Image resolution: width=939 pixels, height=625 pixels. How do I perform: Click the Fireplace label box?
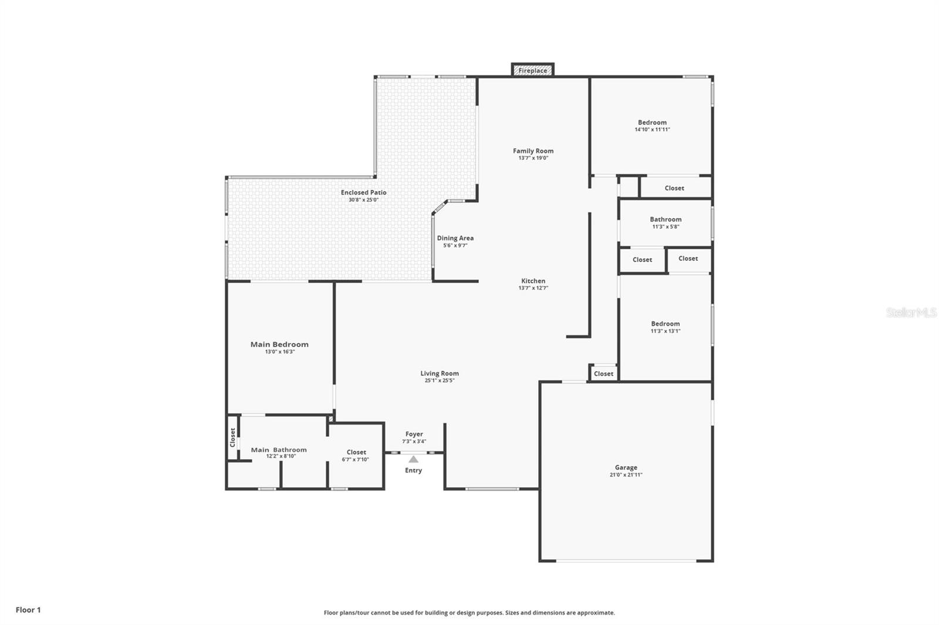coord(532,70)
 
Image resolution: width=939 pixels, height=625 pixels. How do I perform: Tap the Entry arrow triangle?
coord(413,460)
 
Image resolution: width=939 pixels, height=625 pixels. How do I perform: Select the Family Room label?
coord(533,151)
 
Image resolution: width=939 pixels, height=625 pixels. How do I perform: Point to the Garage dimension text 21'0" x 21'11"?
coord(626,475)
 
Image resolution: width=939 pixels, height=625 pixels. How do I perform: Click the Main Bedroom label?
coord(279,344)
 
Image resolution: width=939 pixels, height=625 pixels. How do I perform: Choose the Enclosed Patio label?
coord(363,192)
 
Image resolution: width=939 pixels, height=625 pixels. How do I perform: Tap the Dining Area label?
coord(455,238)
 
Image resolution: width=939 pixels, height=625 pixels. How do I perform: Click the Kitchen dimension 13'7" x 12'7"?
coord(533,288)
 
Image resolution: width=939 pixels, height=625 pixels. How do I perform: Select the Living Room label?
coord(440,373)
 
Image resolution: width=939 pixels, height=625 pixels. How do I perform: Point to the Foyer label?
coord(414,434)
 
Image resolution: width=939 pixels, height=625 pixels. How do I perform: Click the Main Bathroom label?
coord(279,450)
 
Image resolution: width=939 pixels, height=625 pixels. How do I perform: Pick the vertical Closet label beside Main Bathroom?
coord(232,437)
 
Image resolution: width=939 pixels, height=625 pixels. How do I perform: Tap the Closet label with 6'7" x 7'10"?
coord(356,452)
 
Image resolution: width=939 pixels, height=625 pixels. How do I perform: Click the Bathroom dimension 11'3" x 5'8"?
coord(666,227)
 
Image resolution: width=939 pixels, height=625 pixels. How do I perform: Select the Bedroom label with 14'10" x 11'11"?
coord(652,123)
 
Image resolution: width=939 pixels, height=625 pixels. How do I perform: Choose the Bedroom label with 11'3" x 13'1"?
coord(666,324)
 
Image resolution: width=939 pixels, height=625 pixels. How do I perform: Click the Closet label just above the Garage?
coord(603,373)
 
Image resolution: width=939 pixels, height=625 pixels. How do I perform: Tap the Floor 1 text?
coord(28,610)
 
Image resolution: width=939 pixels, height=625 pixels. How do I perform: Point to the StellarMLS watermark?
coord(911,312)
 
